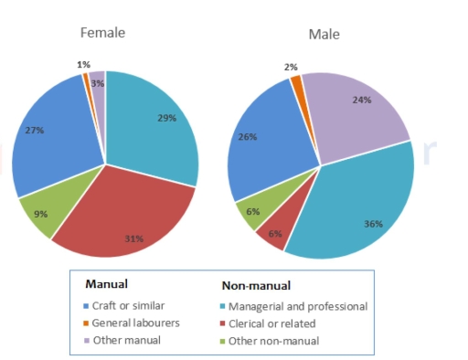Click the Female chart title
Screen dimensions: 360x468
pyautogui.click(x=102, y=33)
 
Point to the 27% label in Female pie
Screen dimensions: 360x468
pyautogui.click(x=35, y=131)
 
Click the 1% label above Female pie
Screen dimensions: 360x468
pyautogui.click(x=81, y=65)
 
